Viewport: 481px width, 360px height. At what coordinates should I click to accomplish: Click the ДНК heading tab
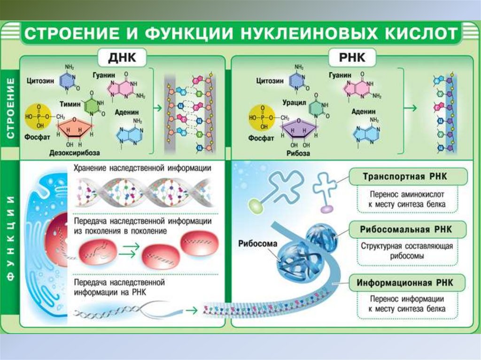click(122, 58)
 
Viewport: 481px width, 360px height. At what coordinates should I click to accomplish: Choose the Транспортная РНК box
click(408, 177)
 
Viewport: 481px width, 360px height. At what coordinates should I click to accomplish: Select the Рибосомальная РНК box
click(408, 230)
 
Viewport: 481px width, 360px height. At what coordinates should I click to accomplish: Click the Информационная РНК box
click(408, 283)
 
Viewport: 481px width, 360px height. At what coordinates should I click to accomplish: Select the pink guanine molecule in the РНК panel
click(356, 86)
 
